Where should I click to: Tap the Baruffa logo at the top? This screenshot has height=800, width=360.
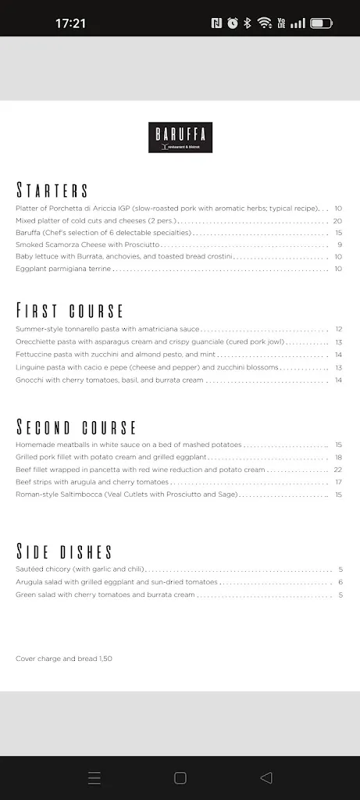pyautogui.click(x=181, y=137)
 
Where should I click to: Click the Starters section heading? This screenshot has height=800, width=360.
pyautogui.click(x=52, y=191)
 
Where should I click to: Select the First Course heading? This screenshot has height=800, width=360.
pyautogui.click(x=70, y=311)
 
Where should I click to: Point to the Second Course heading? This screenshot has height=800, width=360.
pyautogui.click(x=77, y=427)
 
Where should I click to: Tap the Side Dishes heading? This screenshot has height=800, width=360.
pyautogui.click(x=64, y=552)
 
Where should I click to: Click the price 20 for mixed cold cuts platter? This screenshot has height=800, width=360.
pyautogui.click(x=338, y=220)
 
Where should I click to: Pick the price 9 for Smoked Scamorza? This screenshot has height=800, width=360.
pyautogui.click(x=340, y=245)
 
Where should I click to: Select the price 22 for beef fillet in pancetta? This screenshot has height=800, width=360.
pyautogui.click(x=338, y=470)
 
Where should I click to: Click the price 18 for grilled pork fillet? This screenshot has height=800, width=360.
pyautogui.click(x=338, y=457)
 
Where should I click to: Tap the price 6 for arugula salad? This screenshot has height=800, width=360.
pyautogui.click(x=340, y=582)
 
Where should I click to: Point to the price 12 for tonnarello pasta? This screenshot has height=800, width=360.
pyautogui.click(x=338, y=329)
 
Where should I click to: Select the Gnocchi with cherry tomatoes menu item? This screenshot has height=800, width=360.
pyautogui.click(x=109, y=380)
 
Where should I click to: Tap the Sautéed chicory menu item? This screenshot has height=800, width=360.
pyautogui.click(x=80, y=570)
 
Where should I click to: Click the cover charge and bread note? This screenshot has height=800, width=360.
pyautogui.click(x=64, y=659)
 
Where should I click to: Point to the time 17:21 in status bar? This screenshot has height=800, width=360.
pyautogui.click(x=70, y=23)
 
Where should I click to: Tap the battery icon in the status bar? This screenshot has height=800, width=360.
pyautogui.click(x=321, y=23)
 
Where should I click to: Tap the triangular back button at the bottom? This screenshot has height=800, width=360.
pyautogui.click(x=266, y=777)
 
